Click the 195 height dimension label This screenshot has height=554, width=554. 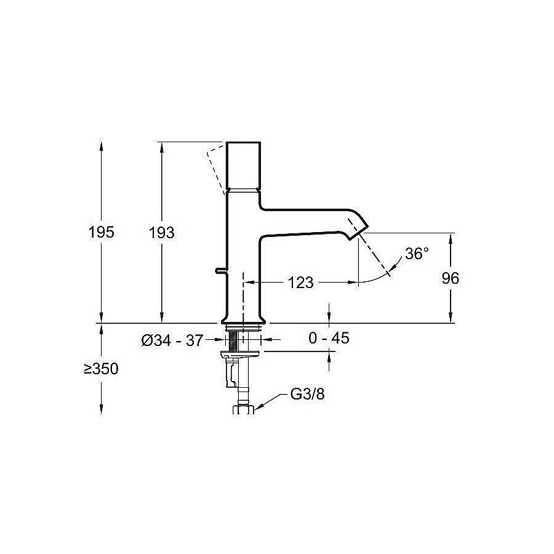101,232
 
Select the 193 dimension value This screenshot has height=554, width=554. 161,233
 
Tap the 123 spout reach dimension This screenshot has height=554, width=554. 300,283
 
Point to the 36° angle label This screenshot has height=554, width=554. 417,254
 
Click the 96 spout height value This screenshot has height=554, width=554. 450,278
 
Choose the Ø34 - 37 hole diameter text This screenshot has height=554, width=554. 172,340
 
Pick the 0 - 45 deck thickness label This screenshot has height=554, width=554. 329,338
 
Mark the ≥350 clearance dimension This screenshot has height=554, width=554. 101,369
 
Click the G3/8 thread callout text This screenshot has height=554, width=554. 307,394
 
